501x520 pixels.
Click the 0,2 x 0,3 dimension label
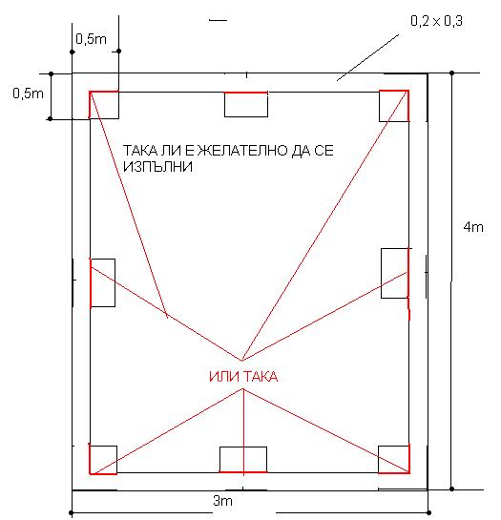[436, 21]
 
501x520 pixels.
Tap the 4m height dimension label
[473, 227]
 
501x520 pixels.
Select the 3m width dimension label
[222, 501]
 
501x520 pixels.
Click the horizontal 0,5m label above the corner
[91, 39]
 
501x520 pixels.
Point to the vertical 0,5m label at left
[29, 94]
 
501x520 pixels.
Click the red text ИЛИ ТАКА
[243, 377]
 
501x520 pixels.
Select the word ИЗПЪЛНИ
[157, 166]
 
